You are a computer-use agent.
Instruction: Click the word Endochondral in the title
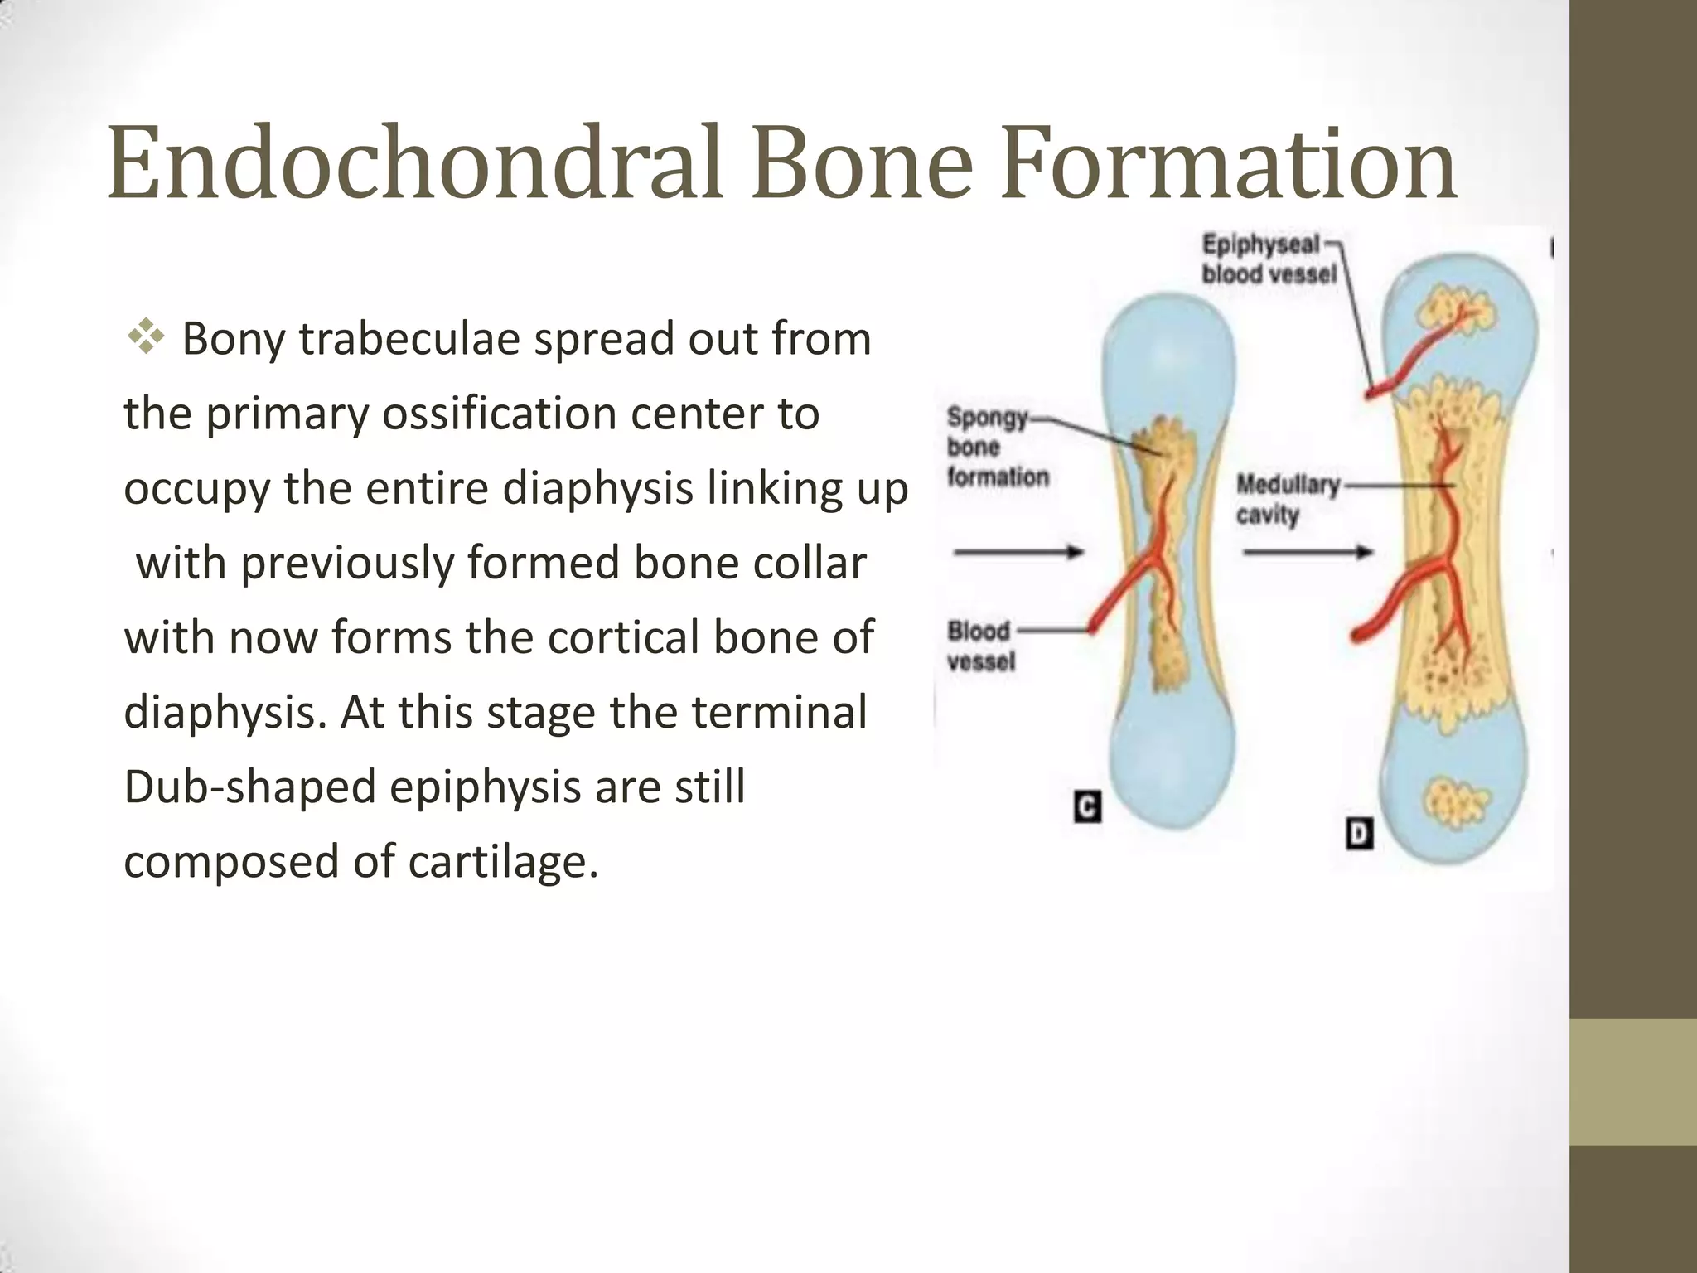(418, 162)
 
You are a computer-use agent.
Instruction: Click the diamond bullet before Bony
(146, 337)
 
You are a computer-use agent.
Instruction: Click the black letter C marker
(1087, 806)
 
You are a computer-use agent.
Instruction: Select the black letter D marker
(1360, 834)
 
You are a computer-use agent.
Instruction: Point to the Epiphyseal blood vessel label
(1268, 259)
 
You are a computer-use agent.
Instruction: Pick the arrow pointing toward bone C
(1019, 552)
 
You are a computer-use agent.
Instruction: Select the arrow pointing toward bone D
(1308, 552)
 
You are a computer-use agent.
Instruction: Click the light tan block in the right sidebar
(1632, 1082)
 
